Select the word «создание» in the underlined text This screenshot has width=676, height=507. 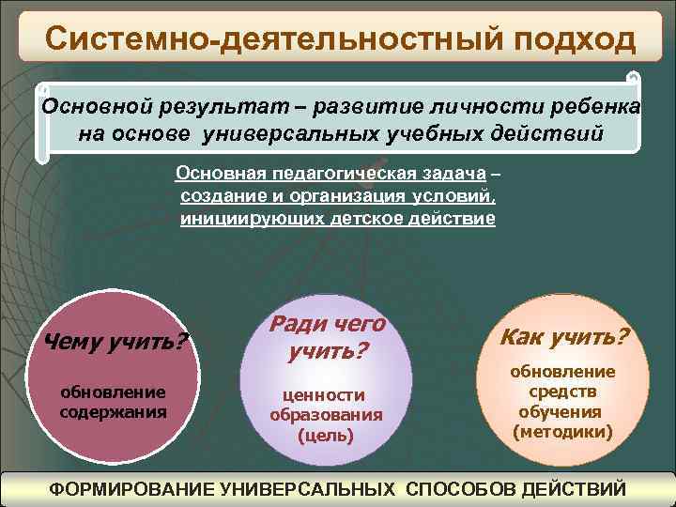[x=219, y=196]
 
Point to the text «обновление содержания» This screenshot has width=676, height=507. [x=113, y=401]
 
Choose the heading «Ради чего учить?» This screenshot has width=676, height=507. [x=327, y=338]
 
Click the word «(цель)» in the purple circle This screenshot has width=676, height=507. [x=326, y=436]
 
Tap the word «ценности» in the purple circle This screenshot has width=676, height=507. [x=326, y=395]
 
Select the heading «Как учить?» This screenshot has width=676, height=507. [x=564, y=336]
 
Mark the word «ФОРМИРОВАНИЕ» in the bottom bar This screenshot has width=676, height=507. [x=131, y=489]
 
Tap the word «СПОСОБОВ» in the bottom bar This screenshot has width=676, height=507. [x=461, y=489]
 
